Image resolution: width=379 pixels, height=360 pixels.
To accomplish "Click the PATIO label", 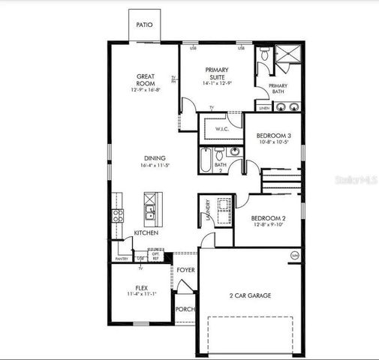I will (144, 25).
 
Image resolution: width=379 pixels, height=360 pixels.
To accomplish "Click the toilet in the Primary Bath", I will (263, 53).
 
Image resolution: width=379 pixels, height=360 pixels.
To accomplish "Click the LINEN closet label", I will (264, 108).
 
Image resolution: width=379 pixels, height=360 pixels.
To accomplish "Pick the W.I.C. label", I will (222, 129).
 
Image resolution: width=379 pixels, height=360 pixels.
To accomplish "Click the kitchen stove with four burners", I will (118, 217).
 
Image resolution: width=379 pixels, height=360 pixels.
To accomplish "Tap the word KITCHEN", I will (146, 233).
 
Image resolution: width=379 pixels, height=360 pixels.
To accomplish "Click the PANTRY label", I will (122, 259).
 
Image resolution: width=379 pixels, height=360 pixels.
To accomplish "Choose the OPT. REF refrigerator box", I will (156, 256).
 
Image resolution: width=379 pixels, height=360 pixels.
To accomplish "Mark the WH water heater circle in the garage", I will (294, 255).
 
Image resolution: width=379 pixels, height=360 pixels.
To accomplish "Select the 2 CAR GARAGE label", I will (250, 295).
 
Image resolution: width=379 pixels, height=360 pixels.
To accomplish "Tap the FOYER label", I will (186, 269).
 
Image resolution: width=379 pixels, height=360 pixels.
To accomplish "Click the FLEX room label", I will (141, 287).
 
